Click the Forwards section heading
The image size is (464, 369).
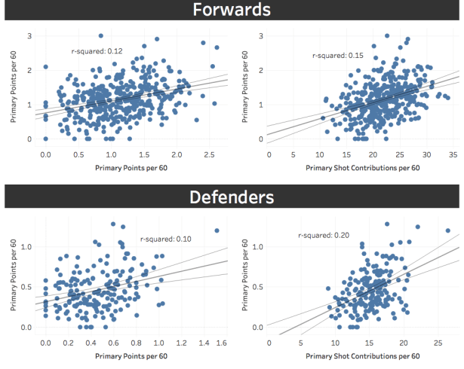tap(232, 11)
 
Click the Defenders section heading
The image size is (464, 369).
tap(232, 197)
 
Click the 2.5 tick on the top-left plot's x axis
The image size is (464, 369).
tap(209, 154)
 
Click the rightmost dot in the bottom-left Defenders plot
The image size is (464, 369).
tap(217, 230)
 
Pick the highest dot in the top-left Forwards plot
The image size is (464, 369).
tap(100, 35)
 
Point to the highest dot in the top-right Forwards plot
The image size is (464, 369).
tap(386, 35)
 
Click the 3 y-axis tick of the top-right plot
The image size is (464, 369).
tap(260, 35)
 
